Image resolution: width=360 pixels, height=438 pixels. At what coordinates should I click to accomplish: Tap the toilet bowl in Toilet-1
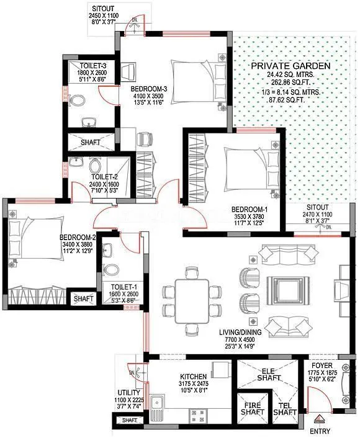pyautogui.click(x=112, y=270)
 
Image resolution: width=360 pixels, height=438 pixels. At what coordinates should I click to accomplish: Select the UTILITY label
pyautogui.click(x=130, y=393)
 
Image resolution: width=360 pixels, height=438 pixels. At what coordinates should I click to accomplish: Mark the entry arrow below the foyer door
pyautogui.click(x=319, y=419)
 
